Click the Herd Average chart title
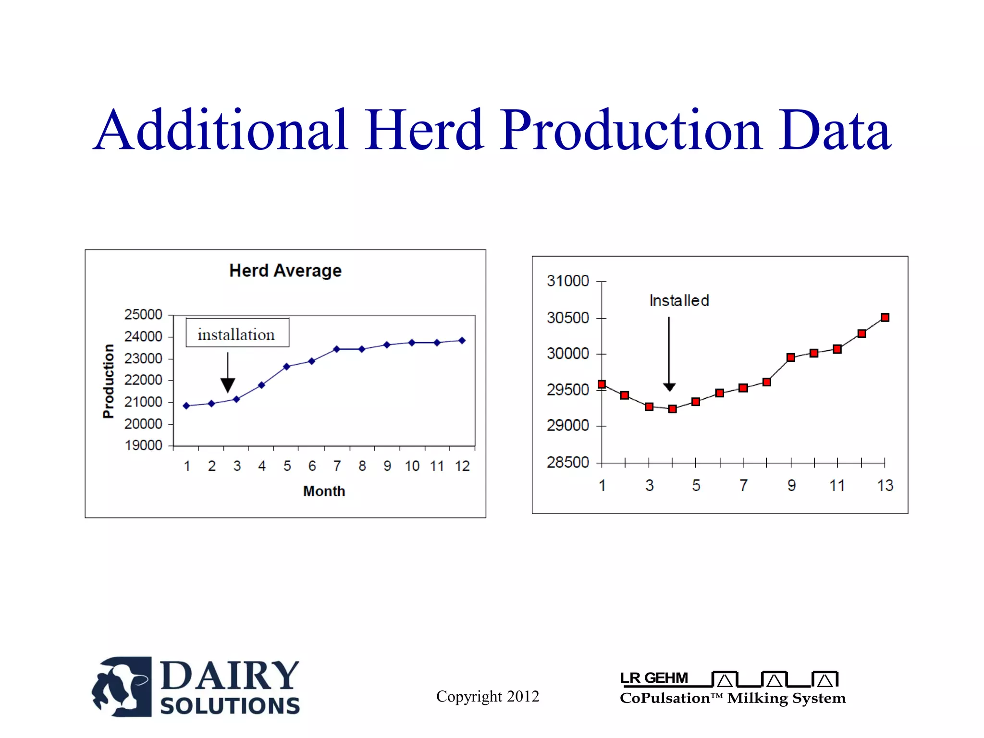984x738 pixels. click(x=285, y=271)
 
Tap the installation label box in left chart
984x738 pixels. click(x=237, y=333)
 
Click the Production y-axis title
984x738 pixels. click(x=109, y=381)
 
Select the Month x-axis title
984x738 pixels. click(x=324, y=491)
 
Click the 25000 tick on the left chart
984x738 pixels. click(x=143, y=315)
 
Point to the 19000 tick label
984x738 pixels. click(x=143, y=445)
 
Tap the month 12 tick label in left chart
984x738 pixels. click(x=462, y=466)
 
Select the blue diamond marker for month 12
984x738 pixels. click(x=462, y=340)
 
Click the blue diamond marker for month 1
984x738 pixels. click(x=186, y=406)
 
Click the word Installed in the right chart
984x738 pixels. click(x=679, y=301)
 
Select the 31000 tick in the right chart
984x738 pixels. click(x=567, y=281)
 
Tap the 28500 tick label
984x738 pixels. click(x=567, y=462)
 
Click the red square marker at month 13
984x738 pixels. click(x=885, y=318)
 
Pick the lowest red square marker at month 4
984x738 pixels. click(x=672, y=409)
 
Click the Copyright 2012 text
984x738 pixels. click(x=487, y=696)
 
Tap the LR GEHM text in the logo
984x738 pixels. click(x=654, y=678)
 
